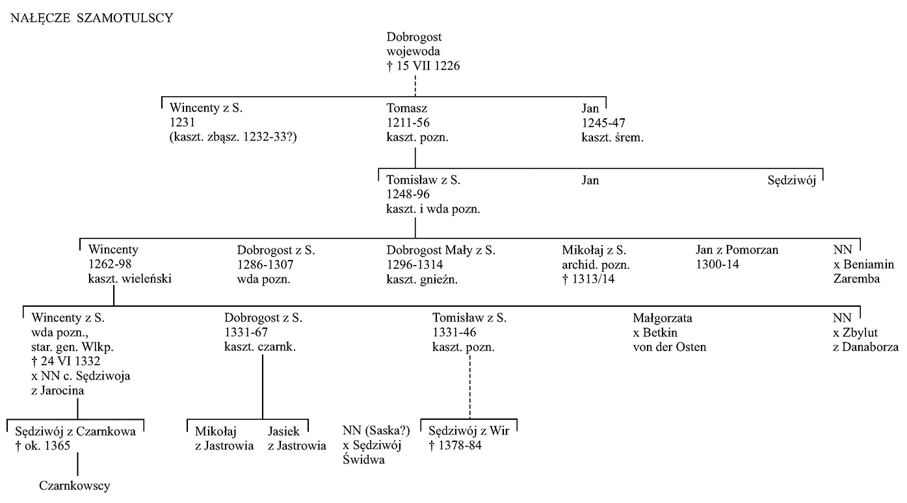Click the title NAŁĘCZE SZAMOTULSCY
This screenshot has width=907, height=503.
point(92,18)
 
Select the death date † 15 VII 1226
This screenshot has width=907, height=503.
point(423,66)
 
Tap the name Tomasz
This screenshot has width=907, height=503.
point(406,108)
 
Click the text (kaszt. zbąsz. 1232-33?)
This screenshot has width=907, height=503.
point(233,137)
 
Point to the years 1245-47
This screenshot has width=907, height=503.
point(603,123)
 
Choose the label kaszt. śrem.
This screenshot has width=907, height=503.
point(612,138)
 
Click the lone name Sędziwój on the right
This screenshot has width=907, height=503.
point(792,181)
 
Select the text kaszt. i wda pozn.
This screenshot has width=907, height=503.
point(433,209)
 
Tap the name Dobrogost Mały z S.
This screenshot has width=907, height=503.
point(441,250)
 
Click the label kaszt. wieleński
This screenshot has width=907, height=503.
point(130,279)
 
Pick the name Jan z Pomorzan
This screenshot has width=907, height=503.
point(737,250)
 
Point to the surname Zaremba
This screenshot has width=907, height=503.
point(856,279)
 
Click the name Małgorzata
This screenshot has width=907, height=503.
point(663,318)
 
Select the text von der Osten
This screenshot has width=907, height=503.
point(669,347)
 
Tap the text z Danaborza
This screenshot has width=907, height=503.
point(865,347)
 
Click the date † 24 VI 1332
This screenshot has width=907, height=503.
point(66,361)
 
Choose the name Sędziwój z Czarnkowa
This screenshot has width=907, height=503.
point(75,432)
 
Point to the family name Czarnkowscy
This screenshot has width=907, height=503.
point(75,485)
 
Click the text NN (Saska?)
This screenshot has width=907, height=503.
point(376,431)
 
